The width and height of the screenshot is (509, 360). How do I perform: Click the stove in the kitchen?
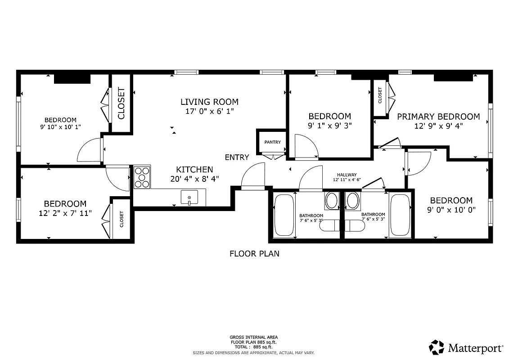[142, 177]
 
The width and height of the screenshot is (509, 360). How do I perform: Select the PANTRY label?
[272, 142]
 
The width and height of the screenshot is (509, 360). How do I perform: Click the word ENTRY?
[237, 157]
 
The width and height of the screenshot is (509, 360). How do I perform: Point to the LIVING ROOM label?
[209, 102]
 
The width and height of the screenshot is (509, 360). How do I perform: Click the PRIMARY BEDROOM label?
[438, 117]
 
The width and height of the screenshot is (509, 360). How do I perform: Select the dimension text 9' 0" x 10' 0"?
[451, 210]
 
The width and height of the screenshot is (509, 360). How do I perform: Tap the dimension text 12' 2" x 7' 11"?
[65, 213]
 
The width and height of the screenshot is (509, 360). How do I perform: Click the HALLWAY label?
[347, 175]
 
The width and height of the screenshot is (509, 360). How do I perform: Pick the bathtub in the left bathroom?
[284, 215]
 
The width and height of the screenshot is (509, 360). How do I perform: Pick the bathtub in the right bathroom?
[399, 215]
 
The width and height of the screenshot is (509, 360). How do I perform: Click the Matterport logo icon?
[436, 347]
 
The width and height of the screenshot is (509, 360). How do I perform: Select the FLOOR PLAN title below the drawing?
[254, 254]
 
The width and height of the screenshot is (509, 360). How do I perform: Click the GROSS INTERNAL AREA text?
[254, 337]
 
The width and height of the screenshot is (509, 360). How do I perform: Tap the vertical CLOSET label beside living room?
[121, 103]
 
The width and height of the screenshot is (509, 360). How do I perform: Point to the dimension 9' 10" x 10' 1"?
[60, 127]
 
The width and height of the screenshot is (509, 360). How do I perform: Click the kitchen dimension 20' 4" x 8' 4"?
[194, 179]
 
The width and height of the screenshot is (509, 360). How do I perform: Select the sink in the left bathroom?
[332, 200]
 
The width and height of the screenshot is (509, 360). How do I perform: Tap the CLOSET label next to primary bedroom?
[380, 95]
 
